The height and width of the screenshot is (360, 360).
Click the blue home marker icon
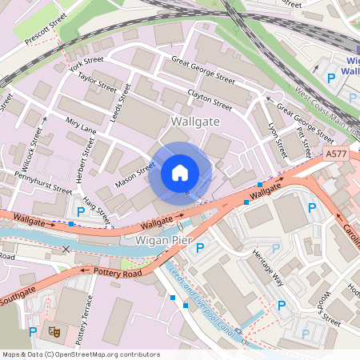click(x=180, y=173)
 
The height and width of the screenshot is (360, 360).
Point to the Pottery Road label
click(x=117, y=273)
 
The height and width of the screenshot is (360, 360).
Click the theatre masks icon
click(x=55, y=330)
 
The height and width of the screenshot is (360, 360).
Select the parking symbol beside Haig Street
click(x=80, y=212)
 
